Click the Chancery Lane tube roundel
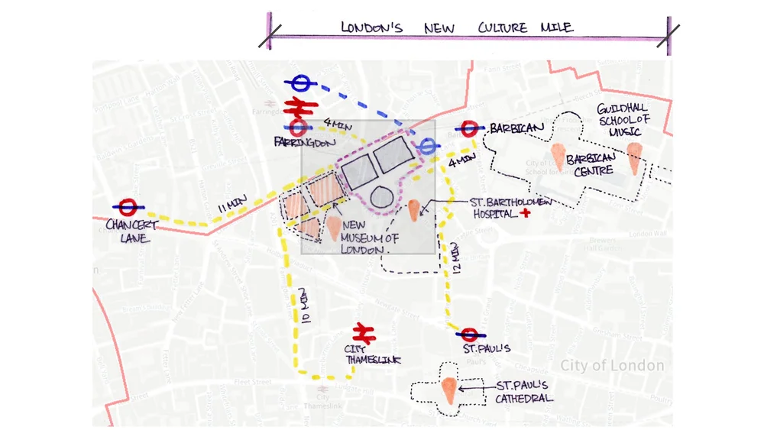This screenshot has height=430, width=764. point(128,206)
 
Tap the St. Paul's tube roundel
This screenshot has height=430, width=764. point(469,334)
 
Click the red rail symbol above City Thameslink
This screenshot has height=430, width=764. point(363,332)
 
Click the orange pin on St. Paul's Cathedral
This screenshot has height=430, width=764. point(451,391)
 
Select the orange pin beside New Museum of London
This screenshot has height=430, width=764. point(335,228)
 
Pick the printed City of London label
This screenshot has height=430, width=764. point(612,366)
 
